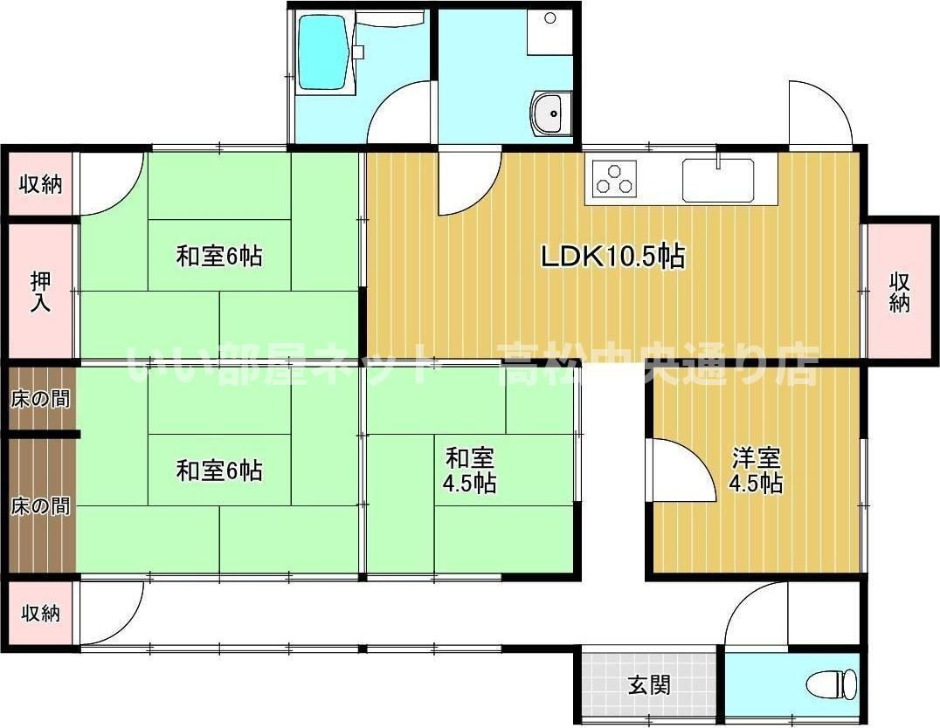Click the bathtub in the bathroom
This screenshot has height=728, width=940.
pos(324,54)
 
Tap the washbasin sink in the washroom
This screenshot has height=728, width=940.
pos(550,113)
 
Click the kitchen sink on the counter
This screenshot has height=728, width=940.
pos(717,180)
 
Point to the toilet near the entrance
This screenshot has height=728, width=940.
pos(830,683)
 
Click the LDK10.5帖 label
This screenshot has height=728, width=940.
pos(612,256)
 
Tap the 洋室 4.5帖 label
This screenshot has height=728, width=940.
pos(757,470)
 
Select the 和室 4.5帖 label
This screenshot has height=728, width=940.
pos(471,470)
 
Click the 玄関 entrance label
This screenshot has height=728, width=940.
pos(649,684)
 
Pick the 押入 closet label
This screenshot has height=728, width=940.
pos(40,292)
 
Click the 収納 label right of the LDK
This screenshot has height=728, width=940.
pos(900,292)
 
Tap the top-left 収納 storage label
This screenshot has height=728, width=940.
pos(40,184)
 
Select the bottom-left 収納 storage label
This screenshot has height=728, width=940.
pos(40,614)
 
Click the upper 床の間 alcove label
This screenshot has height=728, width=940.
pos(40,399)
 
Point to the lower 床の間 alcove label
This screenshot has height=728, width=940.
pos(40,506)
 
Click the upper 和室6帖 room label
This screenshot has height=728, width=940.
pos(219,256)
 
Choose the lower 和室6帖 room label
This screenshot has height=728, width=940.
pos(219,470)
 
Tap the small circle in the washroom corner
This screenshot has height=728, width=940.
pos(549,18)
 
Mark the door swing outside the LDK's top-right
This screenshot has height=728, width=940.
pos(819,113)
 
